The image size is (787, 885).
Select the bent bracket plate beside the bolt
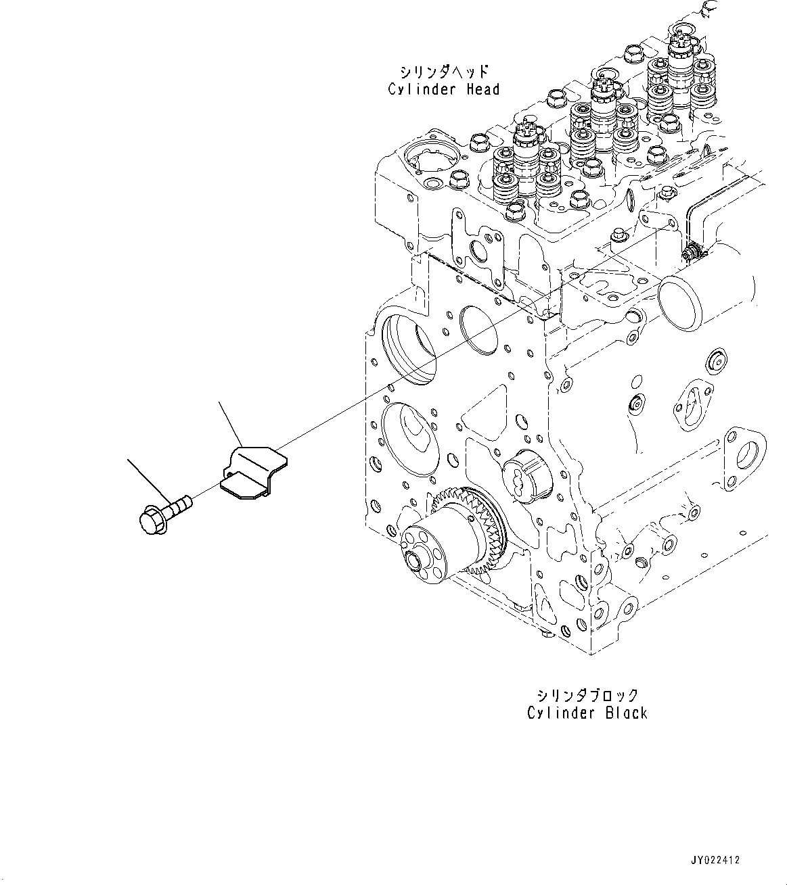click(x=253, y=472)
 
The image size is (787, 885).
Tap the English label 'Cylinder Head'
click(x=443, y=89)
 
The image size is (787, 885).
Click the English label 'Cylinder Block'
click(x=587, y=713)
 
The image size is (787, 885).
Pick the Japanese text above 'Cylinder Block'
click(x=587, y=696)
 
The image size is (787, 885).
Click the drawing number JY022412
click(x=715, y=860)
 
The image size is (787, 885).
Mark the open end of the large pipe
click(x=679, y=302)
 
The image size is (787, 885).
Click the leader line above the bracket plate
click(x=229, y=423)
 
